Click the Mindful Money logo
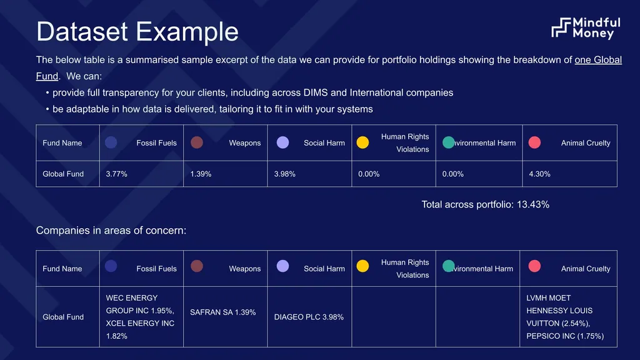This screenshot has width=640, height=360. tap(586, 28)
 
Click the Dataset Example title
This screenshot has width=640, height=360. tap(137, 31)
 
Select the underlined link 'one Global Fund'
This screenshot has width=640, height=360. tap(598, 60)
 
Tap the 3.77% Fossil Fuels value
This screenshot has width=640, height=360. tap(116, 174)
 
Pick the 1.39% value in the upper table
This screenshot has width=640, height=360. tap(201, 174)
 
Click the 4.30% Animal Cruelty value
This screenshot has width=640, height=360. tap(539, 174)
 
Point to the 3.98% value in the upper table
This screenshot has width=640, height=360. tap(284, 174)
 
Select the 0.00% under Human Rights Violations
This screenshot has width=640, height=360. tap(369, 174)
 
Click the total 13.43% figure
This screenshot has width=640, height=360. tap(533, 204)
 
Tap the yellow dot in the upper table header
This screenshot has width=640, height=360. tap(362, 142)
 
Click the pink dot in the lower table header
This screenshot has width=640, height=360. tap(534, 266)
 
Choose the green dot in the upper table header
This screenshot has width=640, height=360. tap(449, 142)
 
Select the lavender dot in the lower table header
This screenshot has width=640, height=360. tap(282, 266)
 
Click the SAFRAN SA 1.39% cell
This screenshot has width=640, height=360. tap(223, 312)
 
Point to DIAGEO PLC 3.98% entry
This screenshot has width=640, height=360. tap(309, 317)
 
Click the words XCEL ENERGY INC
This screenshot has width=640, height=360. tap(140, 323)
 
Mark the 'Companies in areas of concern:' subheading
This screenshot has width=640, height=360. tap(111, 231)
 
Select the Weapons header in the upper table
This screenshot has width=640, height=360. tap(245, 143)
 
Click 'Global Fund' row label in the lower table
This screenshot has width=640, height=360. tap(63, 317)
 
